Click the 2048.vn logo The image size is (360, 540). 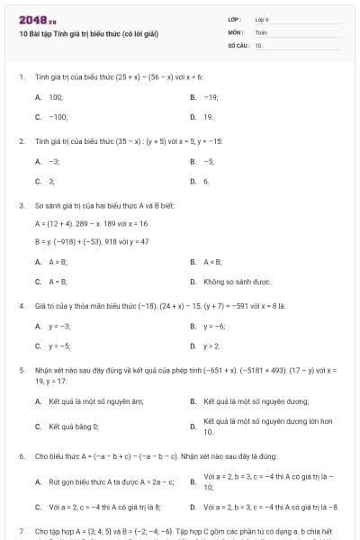pos(31,20)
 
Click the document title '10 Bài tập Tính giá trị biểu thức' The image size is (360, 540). pos(88,33)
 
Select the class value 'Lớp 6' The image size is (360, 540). pos(262,19)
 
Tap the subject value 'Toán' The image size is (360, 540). pos(261,31)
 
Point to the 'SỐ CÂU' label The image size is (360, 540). pos(238,44)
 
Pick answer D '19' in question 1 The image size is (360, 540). pos(208,117)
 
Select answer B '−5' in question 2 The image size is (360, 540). pos(209,160)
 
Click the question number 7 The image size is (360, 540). pos(21,531)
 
